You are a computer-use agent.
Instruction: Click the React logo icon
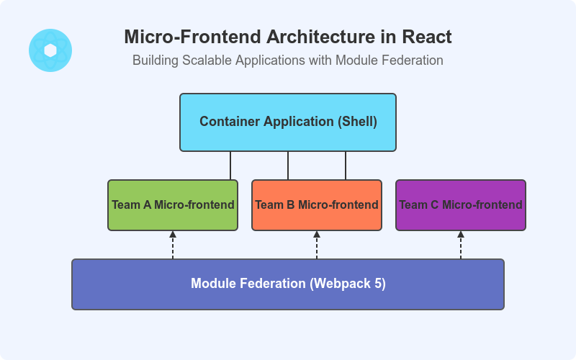(x=50, y=50)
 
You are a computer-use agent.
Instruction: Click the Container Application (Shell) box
(x=288, y=122)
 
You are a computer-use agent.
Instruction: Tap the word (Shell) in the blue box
(x=357, y=122)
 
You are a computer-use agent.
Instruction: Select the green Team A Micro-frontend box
(x=173, y=205)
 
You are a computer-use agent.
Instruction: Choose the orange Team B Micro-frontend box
(x=317, y=205)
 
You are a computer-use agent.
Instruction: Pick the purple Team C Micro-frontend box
(x=461, y=205)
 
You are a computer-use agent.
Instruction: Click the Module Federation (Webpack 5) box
(x=288, y=284)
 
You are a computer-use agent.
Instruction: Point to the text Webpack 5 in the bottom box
(x=348, y=284)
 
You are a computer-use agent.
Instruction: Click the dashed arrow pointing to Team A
(x=173, y=246)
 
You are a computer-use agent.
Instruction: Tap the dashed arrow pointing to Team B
(x=317, y=246)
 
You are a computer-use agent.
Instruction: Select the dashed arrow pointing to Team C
(x=461, y=246)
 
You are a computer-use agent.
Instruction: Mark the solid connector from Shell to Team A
(x=230, y=166)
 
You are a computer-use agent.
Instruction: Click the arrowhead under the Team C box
(x=461, y=234)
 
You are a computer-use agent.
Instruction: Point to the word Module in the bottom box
(x=214, y=284)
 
